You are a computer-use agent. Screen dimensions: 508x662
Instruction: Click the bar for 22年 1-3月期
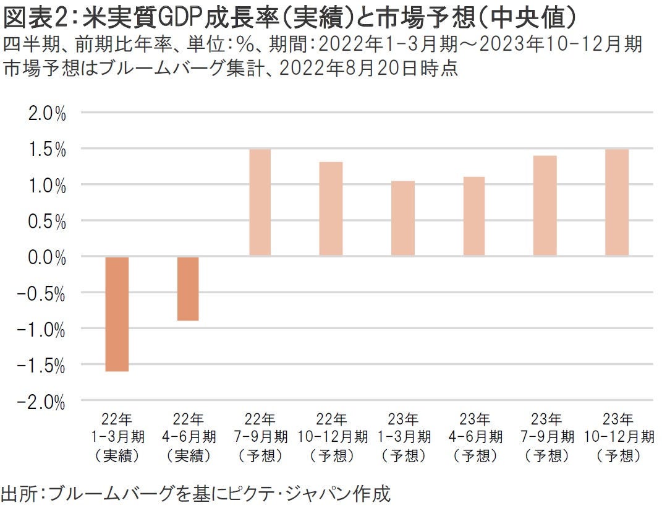coord(117,314)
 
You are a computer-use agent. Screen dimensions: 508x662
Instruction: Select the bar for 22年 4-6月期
coord(189,288)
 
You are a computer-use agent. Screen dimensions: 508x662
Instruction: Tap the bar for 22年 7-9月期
coord(260,202)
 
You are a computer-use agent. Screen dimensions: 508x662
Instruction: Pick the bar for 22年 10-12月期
coord(331,209)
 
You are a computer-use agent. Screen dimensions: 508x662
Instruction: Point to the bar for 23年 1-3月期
coord(403,218)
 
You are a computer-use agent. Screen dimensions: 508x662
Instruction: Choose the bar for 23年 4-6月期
coord(474,216)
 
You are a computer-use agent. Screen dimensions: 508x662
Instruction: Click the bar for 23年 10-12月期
coord(617,202)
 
